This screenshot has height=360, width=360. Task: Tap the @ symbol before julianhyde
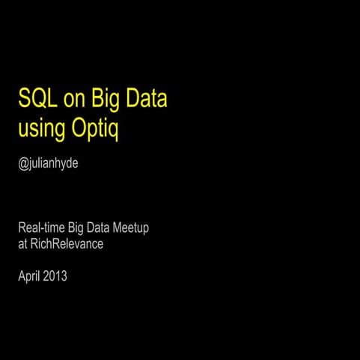[22, 162]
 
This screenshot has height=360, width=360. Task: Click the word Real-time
[41, 227]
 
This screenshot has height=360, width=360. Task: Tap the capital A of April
[21, 276]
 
